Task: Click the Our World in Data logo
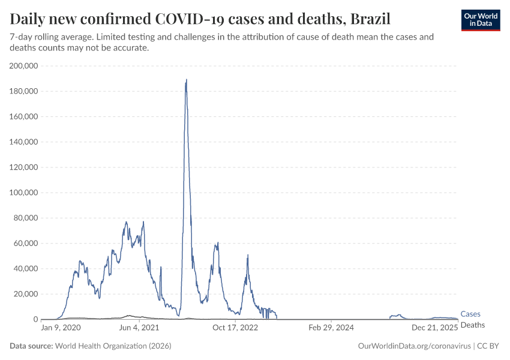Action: [x=480, y=20]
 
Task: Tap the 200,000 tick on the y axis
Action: [x=24, y=66]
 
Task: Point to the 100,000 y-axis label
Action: [x=24, y=193]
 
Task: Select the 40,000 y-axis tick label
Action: [x=26, y=269]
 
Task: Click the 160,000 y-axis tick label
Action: [x=24, y=116]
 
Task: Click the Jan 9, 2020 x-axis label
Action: [x=60, y=328]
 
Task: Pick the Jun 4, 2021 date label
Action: [x=139, y=328]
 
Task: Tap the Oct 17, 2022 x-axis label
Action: [x=235, y=328]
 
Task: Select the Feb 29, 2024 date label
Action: [x=331, y=328]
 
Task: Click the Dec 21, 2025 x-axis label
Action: [x=434, y=328]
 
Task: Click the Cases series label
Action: [x=470, y=314]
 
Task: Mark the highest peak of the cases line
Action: [x=187, y=80]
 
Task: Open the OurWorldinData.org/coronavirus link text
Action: [x=413, y=346]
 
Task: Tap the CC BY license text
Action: [x=488, y=346]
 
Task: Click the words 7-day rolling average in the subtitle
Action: [x=44, y=37]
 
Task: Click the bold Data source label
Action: [x=31, y=346]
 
